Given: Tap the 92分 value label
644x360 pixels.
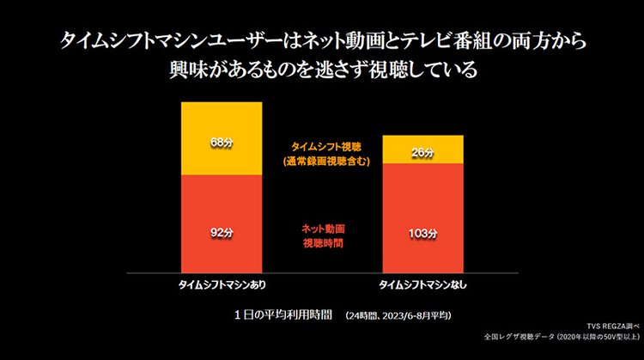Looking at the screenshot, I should (x=222, y=232).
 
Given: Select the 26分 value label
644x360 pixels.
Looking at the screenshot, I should (x=422, y=153).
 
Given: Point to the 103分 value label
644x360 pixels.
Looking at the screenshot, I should (x=422, y=233).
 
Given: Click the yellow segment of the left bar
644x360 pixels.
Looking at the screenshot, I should (x=222, y=120).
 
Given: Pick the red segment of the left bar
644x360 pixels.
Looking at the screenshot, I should (x=222, y=206).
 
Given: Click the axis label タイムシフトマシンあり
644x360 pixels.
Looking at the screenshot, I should (x=222, y=284).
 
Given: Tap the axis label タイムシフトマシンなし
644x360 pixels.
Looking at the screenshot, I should (x=422, y=284).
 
